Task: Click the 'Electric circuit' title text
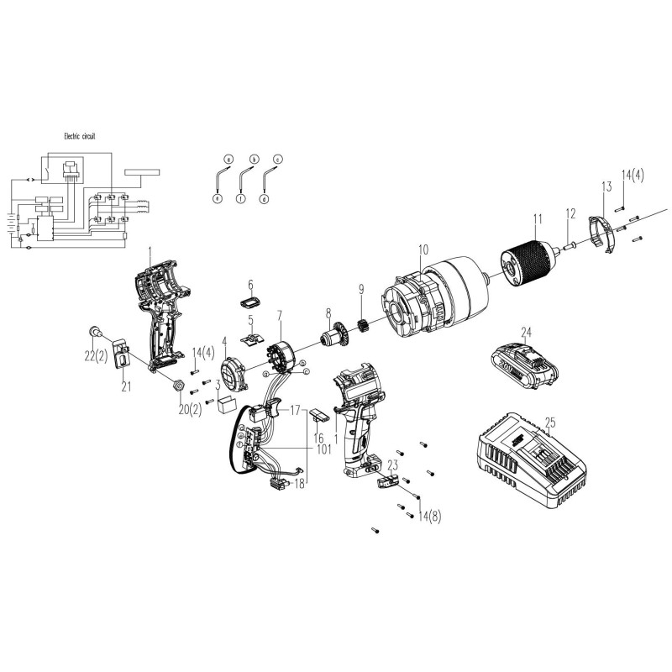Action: pos(85,135)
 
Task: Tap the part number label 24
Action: pos(527,331)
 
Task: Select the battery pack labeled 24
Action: pos(522,364)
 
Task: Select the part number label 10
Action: pos(423,249)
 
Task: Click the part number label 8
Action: pos(326,313)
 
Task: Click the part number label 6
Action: pos(249,284)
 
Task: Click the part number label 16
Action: pos(318,438)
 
